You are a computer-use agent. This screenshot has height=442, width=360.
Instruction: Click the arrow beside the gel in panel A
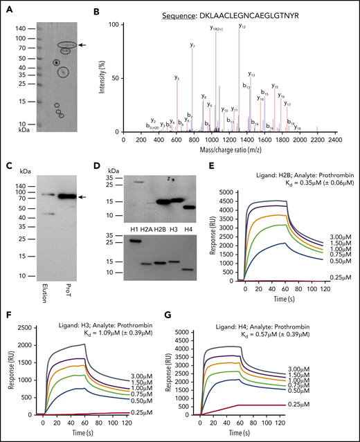82,44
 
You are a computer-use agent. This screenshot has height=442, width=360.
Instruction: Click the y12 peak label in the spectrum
243,26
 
